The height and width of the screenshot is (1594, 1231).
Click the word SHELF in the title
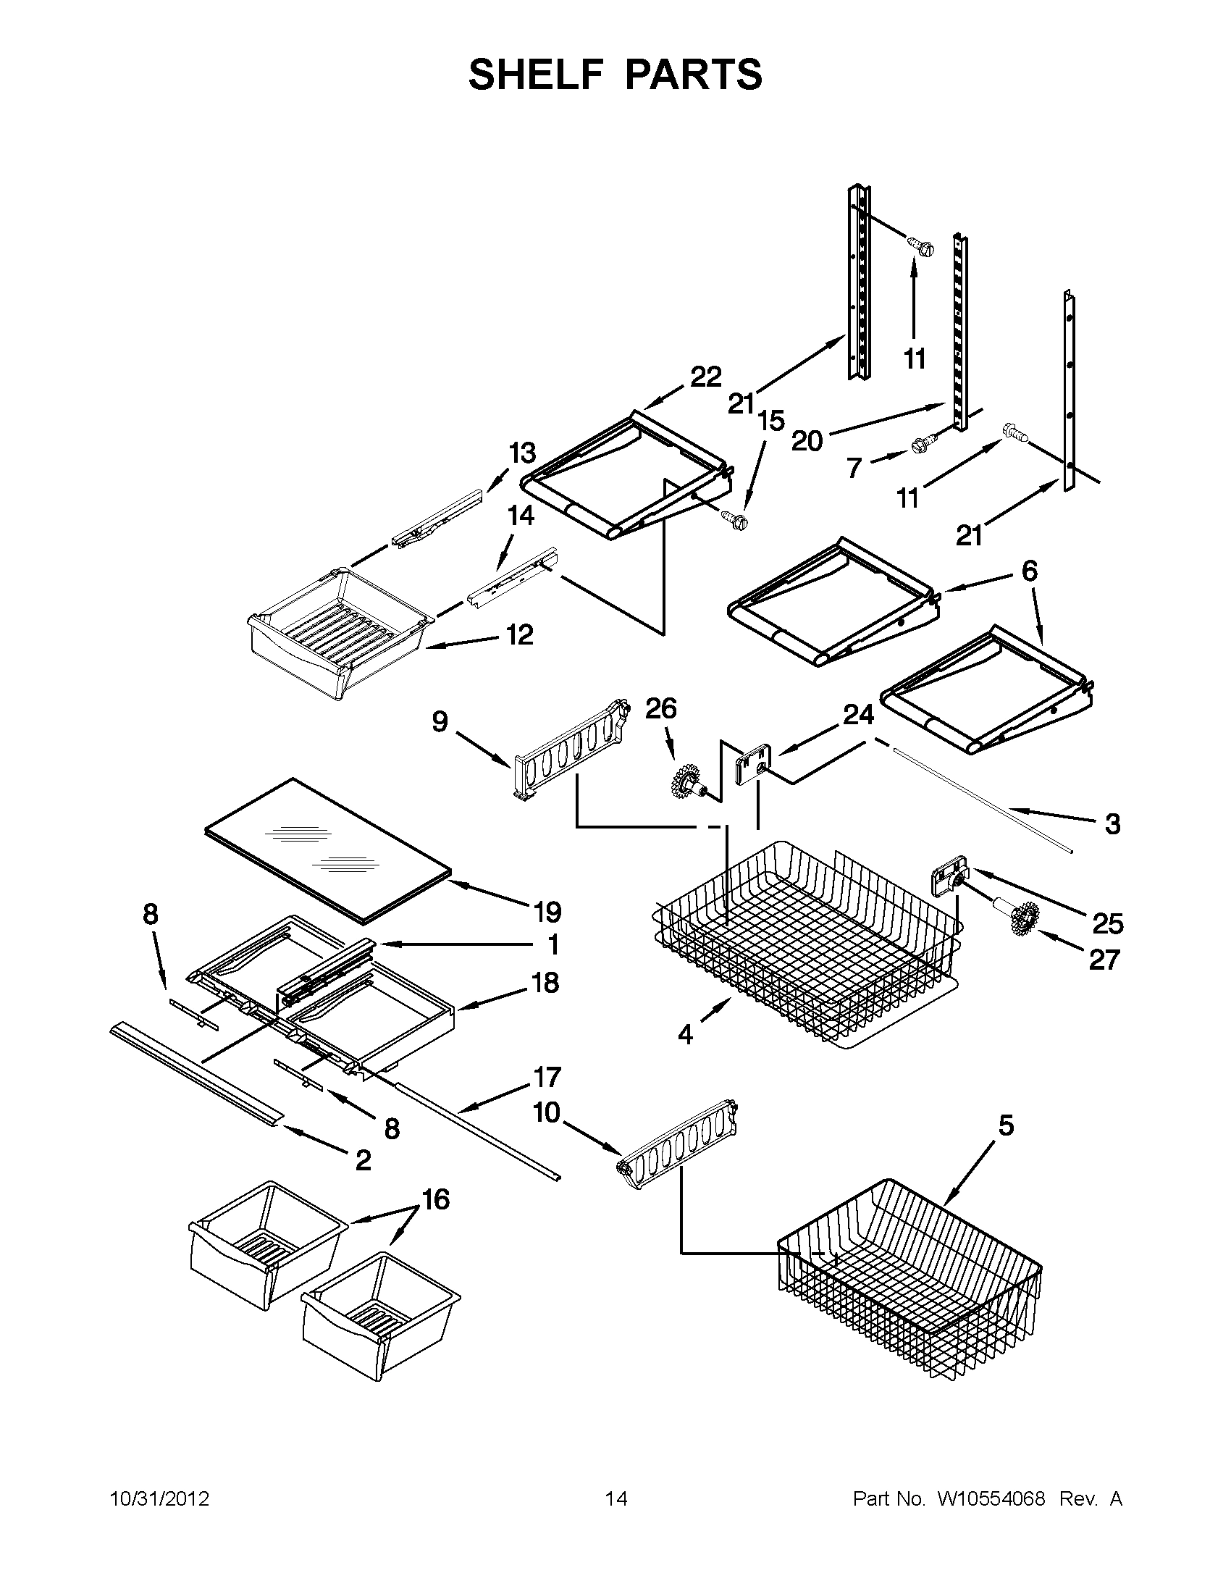[x=537, y=75]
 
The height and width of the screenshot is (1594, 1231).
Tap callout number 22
[x=705, y=377]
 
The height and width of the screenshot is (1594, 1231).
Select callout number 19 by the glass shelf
[x=547, y=912]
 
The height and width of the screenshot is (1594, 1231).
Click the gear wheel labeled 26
[x=686, y=779]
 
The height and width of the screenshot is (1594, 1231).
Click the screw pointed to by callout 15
[x=735, y=519]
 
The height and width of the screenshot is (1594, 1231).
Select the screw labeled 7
[x=921, y=444]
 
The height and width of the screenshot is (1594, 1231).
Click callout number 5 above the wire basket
[x=1006, y=1126]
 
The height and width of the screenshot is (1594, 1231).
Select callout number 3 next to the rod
[x=1112, y=824]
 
